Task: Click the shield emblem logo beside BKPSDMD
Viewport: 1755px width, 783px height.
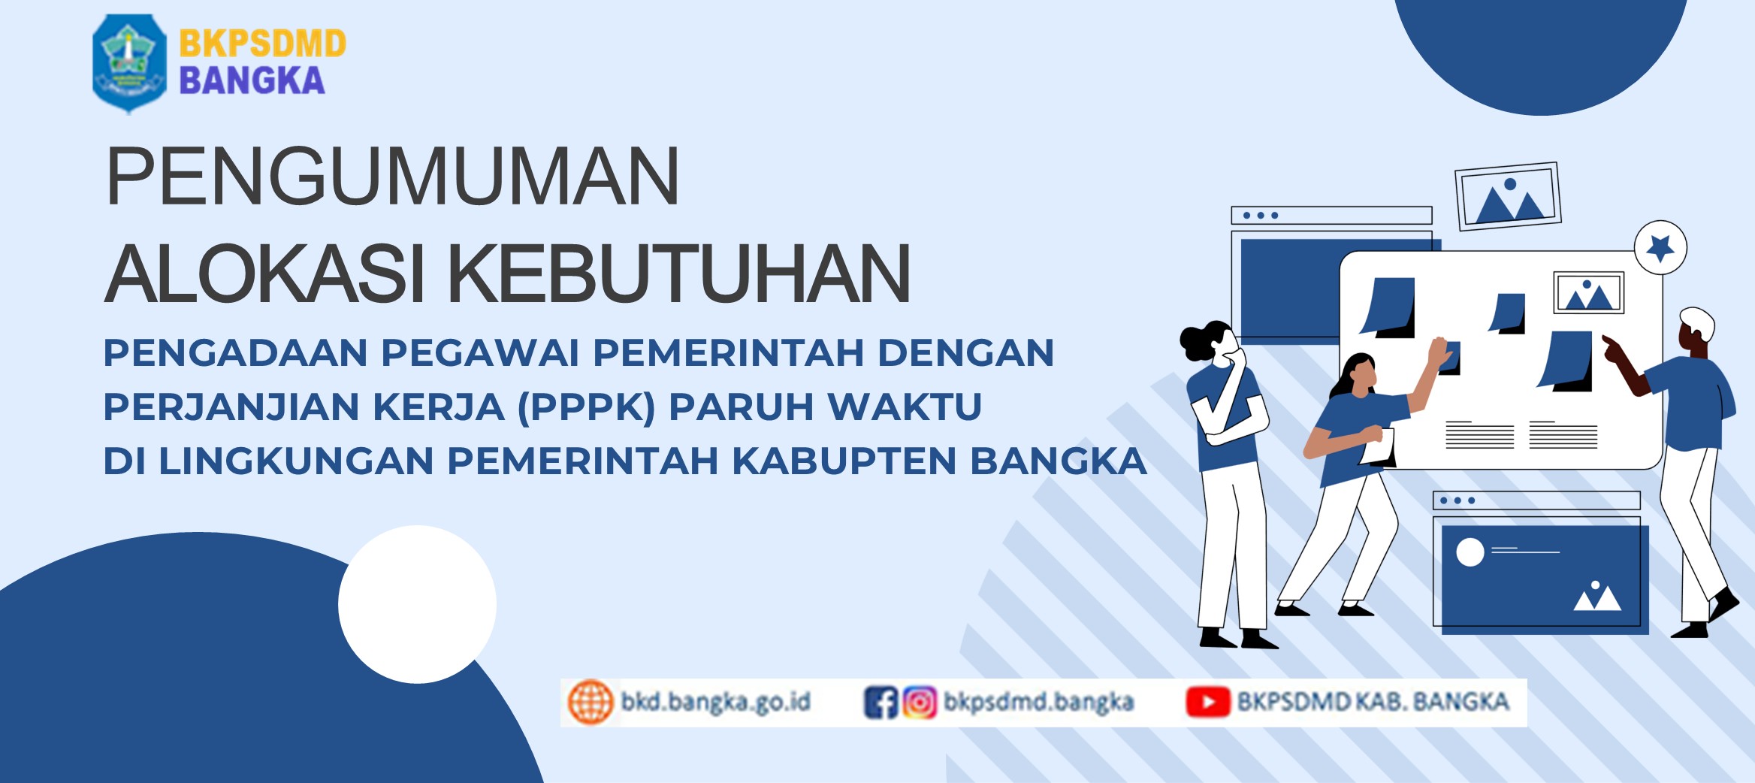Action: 129,63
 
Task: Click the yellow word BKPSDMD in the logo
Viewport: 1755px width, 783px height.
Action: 262,44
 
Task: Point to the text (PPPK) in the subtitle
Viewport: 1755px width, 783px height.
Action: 586,407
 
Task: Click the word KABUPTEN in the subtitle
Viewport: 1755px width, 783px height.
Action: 844,461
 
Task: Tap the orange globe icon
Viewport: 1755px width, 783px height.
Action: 591,702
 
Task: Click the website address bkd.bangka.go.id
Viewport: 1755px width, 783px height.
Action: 715,702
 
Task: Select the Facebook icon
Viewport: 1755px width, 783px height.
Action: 881,703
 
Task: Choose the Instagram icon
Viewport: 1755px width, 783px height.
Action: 920,703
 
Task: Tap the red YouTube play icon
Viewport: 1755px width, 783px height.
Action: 1208,702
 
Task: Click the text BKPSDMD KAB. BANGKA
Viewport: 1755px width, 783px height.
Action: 1373,701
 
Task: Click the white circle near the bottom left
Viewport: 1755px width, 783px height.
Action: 417,604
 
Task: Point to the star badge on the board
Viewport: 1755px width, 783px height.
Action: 1660,247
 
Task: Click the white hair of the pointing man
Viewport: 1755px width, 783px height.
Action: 1698,322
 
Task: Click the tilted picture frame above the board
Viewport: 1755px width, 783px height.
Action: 1508,196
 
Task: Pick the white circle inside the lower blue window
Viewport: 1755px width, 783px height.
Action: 1470,552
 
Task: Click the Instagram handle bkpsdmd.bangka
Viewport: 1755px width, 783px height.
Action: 1038,702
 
